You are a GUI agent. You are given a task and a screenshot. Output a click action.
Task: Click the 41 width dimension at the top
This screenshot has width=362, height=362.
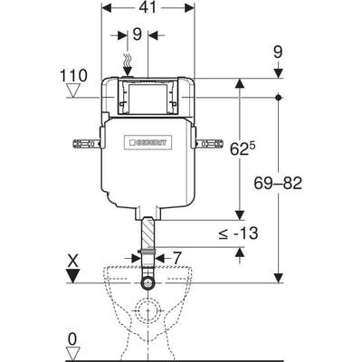(148, 8)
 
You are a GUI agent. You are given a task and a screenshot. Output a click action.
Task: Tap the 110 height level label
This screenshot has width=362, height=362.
(74, 75)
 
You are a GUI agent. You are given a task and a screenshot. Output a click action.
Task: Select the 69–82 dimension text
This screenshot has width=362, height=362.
(278, 183)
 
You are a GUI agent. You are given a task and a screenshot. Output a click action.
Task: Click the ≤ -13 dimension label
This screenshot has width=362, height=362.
(239, 233)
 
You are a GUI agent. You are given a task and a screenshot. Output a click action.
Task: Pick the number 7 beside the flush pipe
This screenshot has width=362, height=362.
(176, 258)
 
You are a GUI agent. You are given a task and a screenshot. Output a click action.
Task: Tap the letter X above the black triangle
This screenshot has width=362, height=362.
(72, 261)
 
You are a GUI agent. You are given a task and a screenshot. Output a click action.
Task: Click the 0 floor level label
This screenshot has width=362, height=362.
(72, 339)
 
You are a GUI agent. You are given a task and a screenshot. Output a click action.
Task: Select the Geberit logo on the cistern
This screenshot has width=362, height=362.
(148, 142)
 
